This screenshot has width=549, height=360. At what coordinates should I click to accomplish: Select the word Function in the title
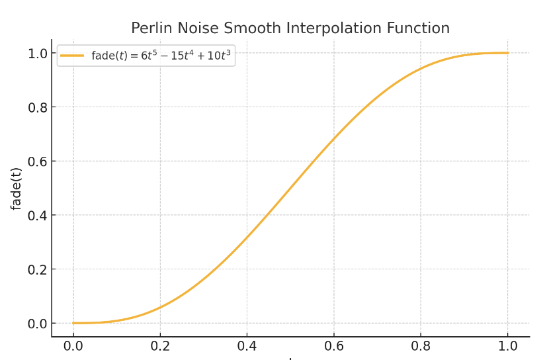click(422, 28)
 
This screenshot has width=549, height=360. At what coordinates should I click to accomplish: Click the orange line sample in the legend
click(72, 56)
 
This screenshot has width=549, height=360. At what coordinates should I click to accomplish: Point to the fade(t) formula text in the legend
click(161, 56)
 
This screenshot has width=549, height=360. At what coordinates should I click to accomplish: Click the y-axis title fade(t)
click(17, 188)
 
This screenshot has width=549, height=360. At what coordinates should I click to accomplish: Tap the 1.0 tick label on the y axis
click(37, 53)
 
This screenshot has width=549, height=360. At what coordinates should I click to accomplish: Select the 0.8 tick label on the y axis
click(37, 107)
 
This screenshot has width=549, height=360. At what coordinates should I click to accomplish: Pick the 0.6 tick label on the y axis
click(37, 161)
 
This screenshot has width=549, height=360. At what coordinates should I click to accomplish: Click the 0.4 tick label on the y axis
click(37, 215)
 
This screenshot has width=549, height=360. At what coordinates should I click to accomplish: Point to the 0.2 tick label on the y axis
click(37, 269)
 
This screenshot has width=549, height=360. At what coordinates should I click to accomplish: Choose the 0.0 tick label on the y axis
click(37, 324)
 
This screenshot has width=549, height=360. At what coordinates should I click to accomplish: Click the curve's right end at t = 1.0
click(508, 53)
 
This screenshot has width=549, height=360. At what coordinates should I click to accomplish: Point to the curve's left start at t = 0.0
click(73, 323)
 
